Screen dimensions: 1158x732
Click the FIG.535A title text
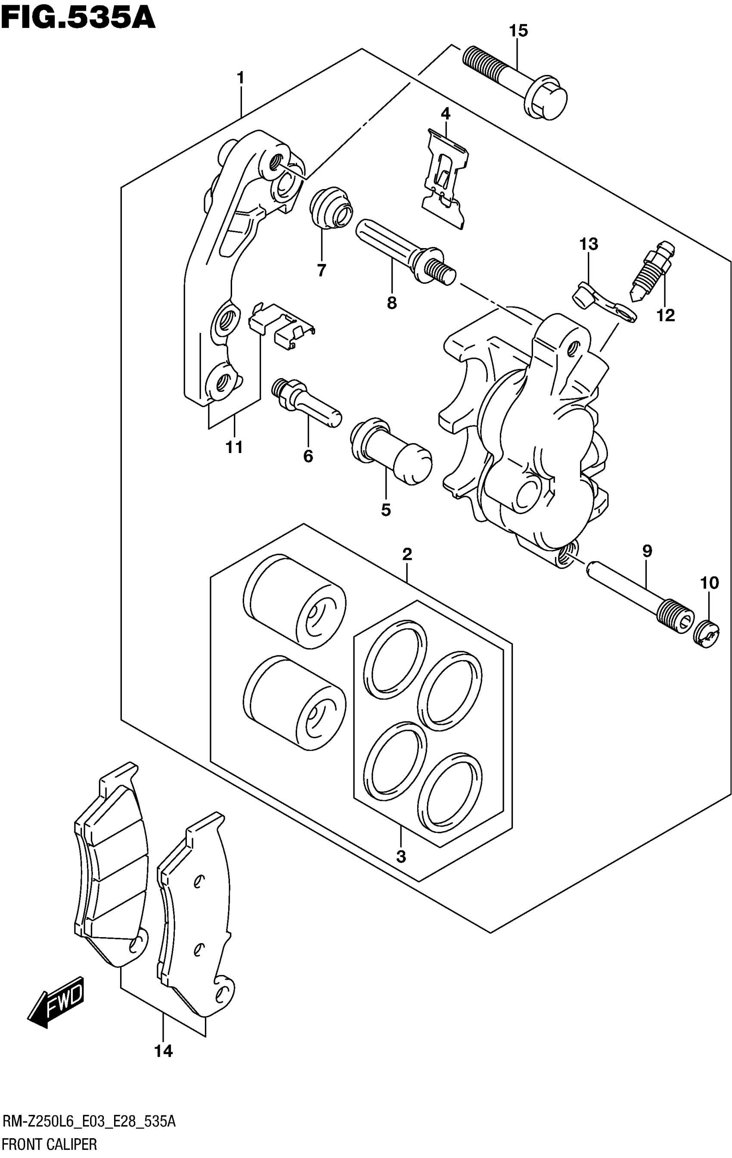pos(78,18)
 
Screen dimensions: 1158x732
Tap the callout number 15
pos(518,31)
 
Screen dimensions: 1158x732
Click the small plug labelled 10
pos(706,634)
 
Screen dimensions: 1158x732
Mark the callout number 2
pos(407,555)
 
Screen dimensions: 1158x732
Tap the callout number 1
pos(240,78)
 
